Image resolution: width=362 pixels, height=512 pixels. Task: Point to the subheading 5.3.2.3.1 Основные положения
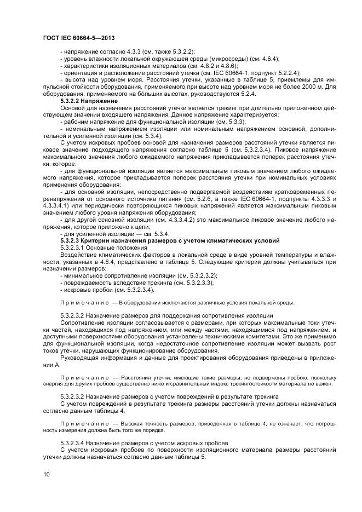pyautogui.click(x=104, y=248)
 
